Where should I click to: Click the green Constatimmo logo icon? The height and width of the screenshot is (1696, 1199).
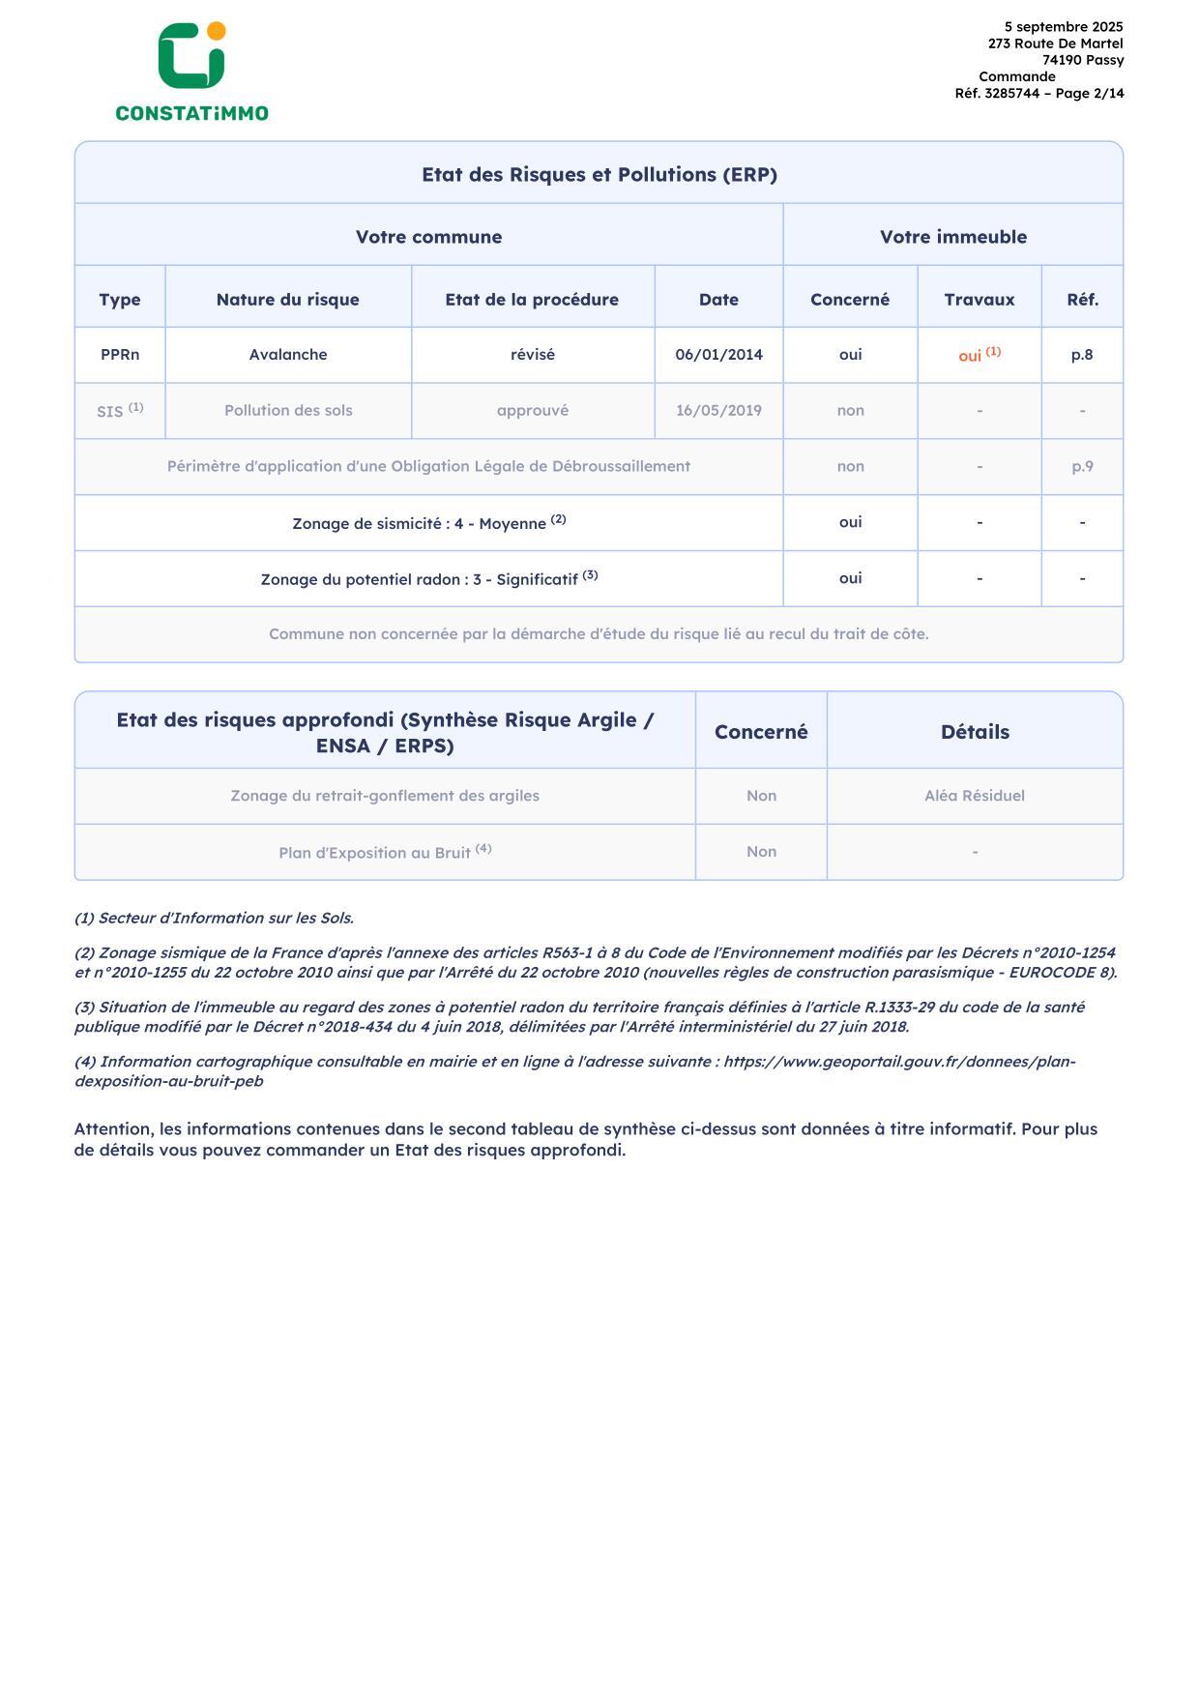coord(191,56)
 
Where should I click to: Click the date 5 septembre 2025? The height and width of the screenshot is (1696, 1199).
coord(1063,27)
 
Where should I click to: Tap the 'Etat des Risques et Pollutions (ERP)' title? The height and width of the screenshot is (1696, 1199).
coord(599,174)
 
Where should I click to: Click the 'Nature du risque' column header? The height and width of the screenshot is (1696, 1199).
coord(287,299)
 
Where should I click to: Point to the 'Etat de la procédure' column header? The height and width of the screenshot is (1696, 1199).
coord(532,299)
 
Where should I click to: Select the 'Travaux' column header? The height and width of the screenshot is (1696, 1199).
coord(979,299)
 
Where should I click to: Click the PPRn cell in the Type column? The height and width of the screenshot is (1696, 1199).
coord(120,354)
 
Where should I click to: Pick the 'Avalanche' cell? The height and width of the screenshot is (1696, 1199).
coord(287,354)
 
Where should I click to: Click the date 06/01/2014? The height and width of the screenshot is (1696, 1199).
coord(718,354)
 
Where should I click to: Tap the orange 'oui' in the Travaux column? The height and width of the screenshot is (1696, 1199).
coord(971,356)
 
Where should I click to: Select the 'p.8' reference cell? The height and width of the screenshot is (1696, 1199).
coord(1081,354)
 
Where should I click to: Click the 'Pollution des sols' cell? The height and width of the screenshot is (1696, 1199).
coord(287,410)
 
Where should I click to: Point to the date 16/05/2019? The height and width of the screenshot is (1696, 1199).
coord(718,410)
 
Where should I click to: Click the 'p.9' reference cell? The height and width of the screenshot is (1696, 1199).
coord(1081,466)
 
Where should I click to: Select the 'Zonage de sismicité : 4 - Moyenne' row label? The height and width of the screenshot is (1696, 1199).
coord(420,523)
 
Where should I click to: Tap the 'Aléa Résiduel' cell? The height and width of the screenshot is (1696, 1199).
coord(974,796)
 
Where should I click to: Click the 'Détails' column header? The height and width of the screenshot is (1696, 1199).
coord(974,732)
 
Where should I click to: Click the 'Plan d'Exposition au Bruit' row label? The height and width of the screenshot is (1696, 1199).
coord(374,853)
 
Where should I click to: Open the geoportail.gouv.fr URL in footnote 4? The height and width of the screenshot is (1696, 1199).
coord(899,1062)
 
